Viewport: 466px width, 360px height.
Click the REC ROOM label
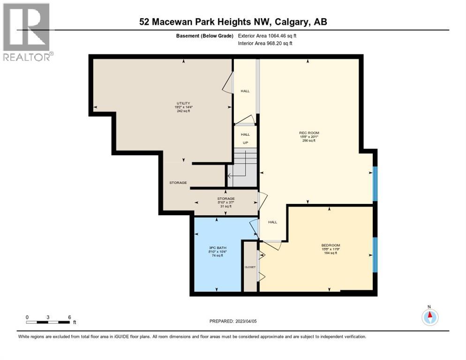tap(309, 133)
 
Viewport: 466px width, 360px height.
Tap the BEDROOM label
tap(331, 245)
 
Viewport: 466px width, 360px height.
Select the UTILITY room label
tap(183, 103)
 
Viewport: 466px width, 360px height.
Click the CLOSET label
tap(250, 267)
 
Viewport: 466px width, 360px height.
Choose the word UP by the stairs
tap(245, 142)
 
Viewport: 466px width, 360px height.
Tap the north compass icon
tap(429, 317)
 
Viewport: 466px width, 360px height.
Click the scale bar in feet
tap(48, 322)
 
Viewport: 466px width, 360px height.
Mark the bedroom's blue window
tap(375, 255)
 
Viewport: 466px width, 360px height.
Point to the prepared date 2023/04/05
tap(233, 321)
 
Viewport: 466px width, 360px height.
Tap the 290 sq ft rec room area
tap(309, 141)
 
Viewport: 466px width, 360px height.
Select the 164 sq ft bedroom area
tap(331, 253)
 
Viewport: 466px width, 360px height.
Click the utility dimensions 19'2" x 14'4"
tap(183, 107)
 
